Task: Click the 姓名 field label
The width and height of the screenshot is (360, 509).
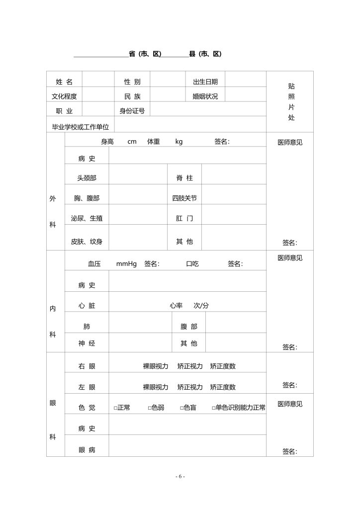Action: tap(64, 82)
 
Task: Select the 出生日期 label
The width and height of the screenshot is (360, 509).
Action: tap(205, 82)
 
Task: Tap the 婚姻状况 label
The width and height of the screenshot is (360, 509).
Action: tap(205, 96)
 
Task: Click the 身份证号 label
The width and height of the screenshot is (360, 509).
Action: tap(132, 111)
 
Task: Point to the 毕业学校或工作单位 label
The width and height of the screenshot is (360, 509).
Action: tap(81, 127)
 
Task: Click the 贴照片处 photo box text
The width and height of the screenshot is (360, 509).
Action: tap(291, 101)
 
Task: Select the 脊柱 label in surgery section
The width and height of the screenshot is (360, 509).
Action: tap(184, 177)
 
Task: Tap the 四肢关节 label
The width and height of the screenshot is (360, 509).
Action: tap(184, 198)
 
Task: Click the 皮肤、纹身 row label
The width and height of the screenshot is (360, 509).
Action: tap(87, 242)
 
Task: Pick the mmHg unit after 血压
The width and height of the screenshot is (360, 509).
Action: tap(126, 264)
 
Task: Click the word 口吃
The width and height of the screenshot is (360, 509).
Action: tap(192, 264)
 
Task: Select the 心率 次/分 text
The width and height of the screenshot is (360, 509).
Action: tap(189, 306)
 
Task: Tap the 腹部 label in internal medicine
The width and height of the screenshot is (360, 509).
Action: tap(188, 327)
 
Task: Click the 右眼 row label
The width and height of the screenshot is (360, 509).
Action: tap(87, 366)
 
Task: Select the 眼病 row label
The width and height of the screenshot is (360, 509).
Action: tap(87, 450)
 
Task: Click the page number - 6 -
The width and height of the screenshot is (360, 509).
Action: tap(180, 476)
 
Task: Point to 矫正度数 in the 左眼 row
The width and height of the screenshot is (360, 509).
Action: tap(223, 387)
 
